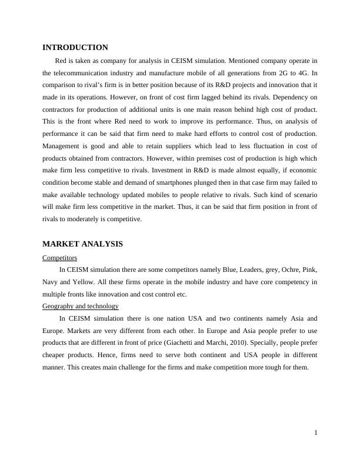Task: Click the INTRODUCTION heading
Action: (x=75, y=48)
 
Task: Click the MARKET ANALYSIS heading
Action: (x=82, y=244)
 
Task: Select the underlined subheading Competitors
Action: (x=59, y=258)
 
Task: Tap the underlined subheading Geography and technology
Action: (x=81, y=306)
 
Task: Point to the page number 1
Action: (x=316, y=433)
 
